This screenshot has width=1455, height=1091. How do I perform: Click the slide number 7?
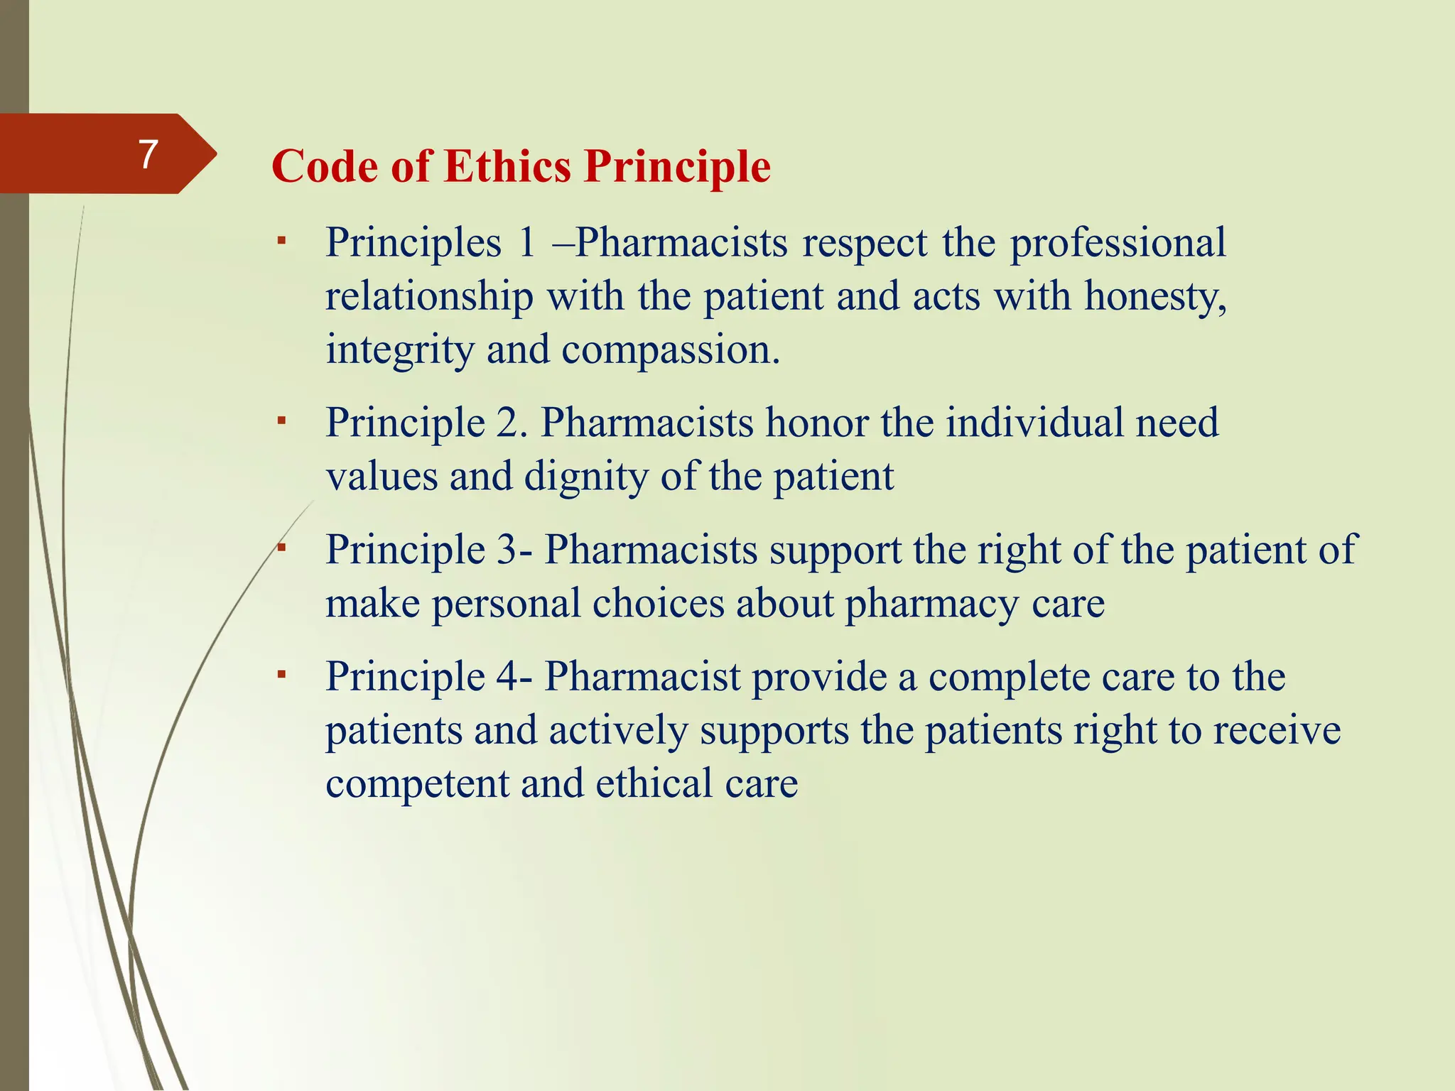(148, 154)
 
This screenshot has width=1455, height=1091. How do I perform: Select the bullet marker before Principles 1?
(281, 241)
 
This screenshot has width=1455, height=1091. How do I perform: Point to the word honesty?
(1154, 296)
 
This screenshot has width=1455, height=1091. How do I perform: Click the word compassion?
(670, 350)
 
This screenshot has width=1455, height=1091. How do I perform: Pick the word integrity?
(399, 350)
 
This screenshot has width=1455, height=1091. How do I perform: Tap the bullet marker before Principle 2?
(281, 422)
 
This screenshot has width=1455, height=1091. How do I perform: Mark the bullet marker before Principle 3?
(281, 548)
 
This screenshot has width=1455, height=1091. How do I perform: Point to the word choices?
(657, 604)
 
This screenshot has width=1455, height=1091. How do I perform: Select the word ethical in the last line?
(654, 783)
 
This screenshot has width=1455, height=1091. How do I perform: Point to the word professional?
(1118, 243)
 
